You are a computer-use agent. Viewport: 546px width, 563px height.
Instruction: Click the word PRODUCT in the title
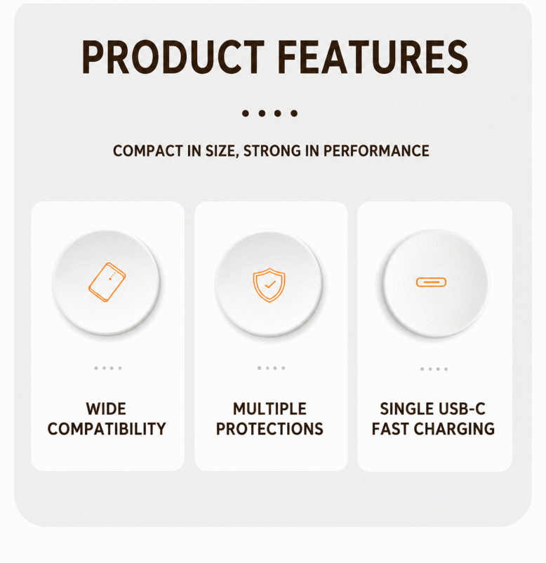click(x=173, y=57)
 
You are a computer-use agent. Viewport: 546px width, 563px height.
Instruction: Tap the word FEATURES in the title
click(x=373, y=57)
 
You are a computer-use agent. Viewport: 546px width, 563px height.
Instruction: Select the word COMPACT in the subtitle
click(x=148, y=151)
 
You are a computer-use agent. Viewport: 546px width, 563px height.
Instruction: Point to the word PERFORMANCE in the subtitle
click(x=376, y=151)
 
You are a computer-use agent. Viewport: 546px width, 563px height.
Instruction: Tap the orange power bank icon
click(x=107, y=282)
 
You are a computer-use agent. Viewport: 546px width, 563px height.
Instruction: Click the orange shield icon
click(x=269, y=285)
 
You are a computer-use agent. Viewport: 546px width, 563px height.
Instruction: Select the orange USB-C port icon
click(x=431, y=283)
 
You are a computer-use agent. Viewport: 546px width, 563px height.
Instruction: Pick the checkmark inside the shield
click(x=270, y=285)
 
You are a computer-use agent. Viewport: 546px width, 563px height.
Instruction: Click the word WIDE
click(x=106, y=409)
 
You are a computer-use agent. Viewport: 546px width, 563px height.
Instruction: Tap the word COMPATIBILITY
click(x=107, y=429)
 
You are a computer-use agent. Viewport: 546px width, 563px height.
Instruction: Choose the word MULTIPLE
click(x=269, y=409)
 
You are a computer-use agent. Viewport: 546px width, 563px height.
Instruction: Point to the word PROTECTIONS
click(x=269, y=429)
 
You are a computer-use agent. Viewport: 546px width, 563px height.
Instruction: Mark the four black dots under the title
click(x=269, y=114)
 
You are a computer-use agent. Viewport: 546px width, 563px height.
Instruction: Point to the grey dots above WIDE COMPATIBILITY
click(x=108, y=368)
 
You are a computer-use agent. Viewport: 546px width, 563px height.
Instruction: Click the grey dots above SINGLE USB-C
click(x=434, y=369)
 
